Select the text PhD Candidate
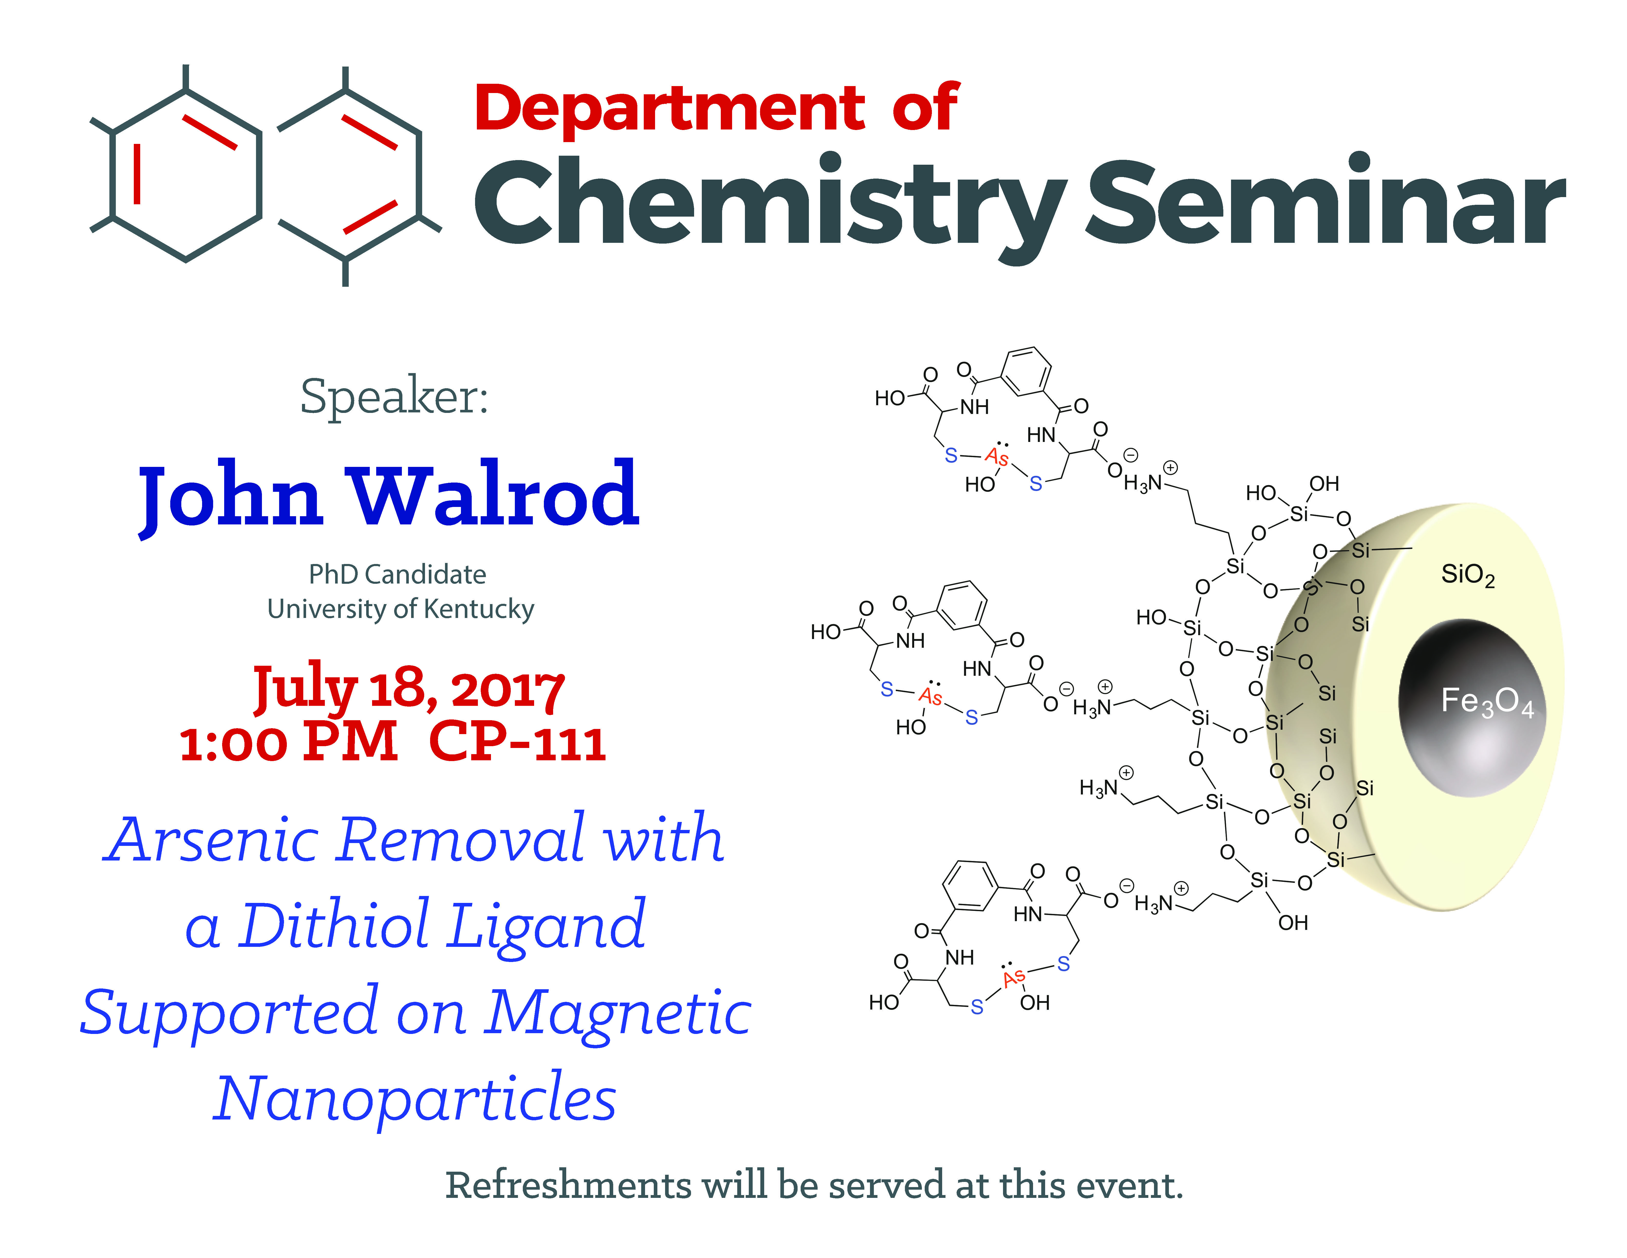(398, 575)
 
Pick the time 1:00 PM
(289, 743)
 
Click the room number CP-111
(517, 743)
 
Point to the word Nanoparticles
(415, 1098)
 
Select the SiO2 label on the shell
(1468, 575)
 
